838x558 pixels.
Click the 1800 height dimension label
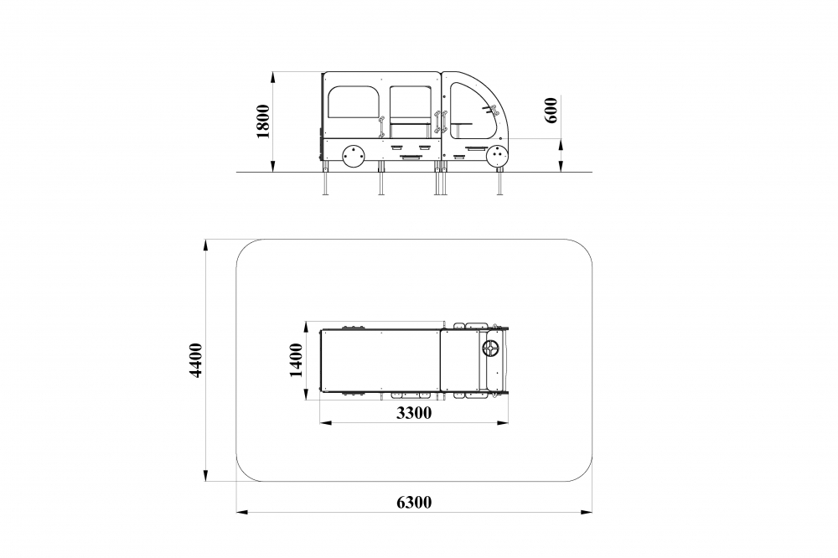(263, 121)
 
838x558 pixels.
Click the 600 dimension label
(551, 110)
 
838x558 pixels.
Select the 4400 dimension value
(196, 360)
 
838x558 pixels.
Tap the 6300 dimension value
(414, 503)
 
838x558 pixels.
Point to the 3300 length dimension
(414, 412)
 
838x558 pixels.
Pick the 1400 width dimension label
(296, 360)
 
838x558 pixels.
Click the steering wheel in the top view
(490, 349)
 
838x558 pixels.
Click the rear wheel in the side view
(353, 156)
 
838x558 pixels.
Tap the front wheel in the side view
(498, 156)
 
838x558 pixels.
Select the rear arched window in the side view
(354, 102)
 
